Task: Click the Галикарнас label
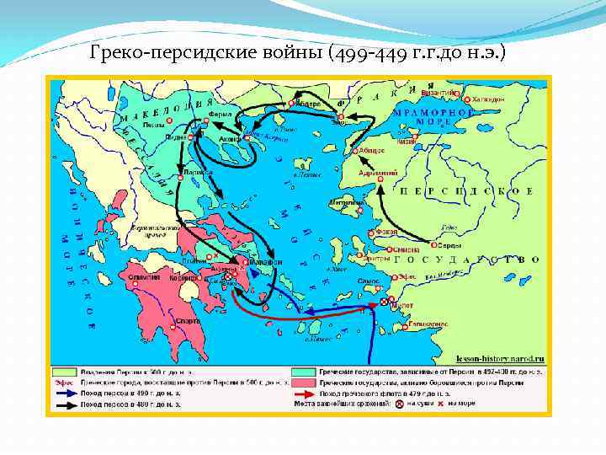pyautogui.click(x=420, y=324)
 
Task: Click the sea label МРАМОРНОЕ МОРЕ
pyautogui.click(x=433, y=115)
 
